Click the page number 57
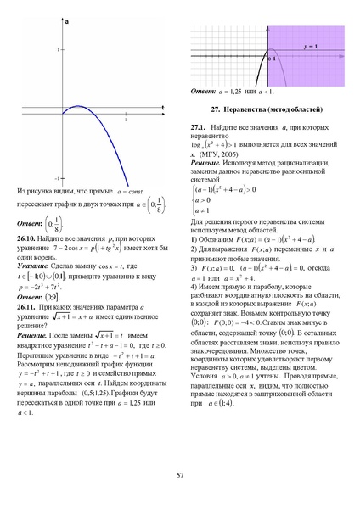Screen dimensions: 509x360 [x=179, y=474]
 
